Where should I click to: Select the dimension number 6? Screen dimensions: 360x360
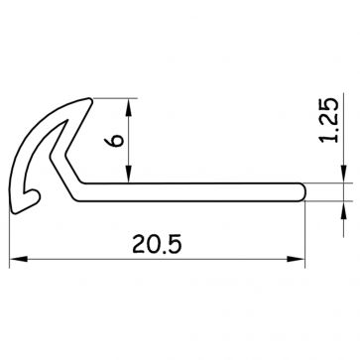click(x=115, y=144)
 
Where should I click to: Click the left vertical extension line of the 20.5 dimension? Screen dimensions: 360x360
click(x=11, y=238)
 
